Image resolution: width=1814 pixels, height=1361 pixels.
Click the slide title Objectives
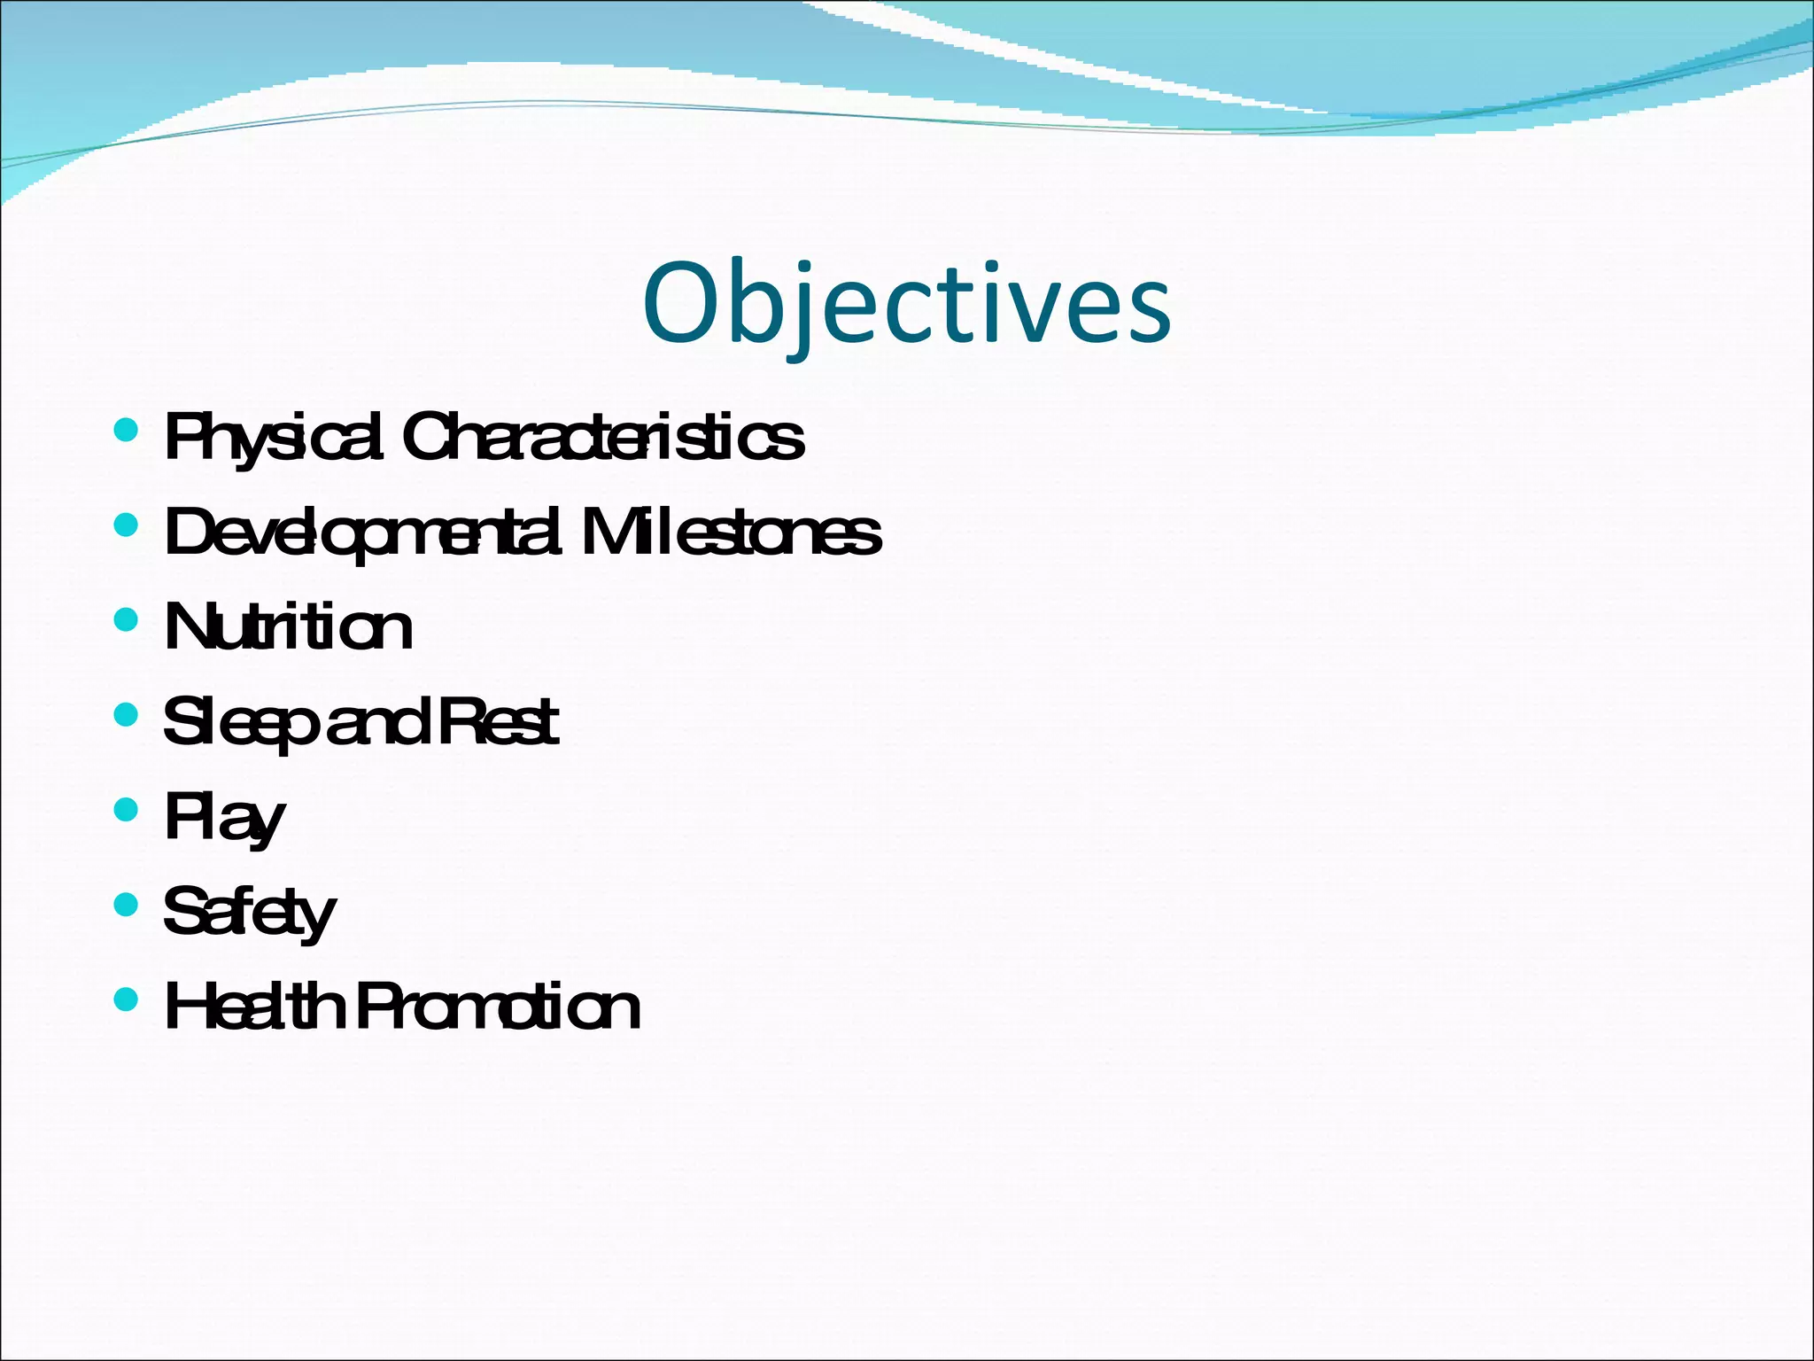click(907, 304)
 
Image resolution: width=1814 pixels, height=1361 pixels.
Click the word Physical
click(274, 437)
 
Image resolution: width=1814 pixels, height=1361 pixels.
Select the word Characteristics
click(603, 437)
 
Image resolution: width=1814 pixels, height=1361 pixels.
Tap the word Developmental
click(363, 533)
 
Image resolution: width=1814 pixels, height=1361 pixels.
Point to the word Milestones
click(732, 533)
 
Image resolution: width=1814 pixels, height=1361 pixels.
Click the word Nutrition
click(289, 627)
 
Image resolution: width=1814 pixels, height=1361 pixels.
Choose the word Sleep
click(240, 723)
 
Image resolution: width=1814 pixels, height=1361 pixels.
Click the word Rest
click(499, 722)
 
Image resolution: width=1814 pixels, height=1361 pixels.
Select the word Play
click(225, 819)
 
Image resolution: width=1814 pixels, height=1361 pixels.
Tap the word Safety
click(250, 913)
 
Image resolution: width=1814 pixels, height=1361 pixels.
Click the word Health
click(254, 1007)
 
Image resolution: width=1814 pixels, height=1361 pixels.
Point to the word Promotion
click(498, 1008)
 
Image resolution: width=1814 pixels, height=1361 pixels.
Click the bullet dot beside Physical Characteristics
click(127, 432)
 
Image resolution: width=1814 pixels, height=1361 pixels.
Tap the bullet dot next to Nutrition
click(127, 620)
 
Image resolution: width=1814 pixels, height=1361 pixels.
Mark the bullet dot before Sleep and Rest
click(127, 715)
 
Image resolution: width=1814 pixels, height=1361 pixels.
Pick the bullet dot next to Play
click(127, 810)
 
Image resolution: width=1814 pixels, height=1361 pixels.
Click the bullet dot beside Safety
click(127, 905)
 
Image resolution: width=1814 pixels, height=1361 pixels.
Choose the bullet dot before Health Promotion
click(127, 999)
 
